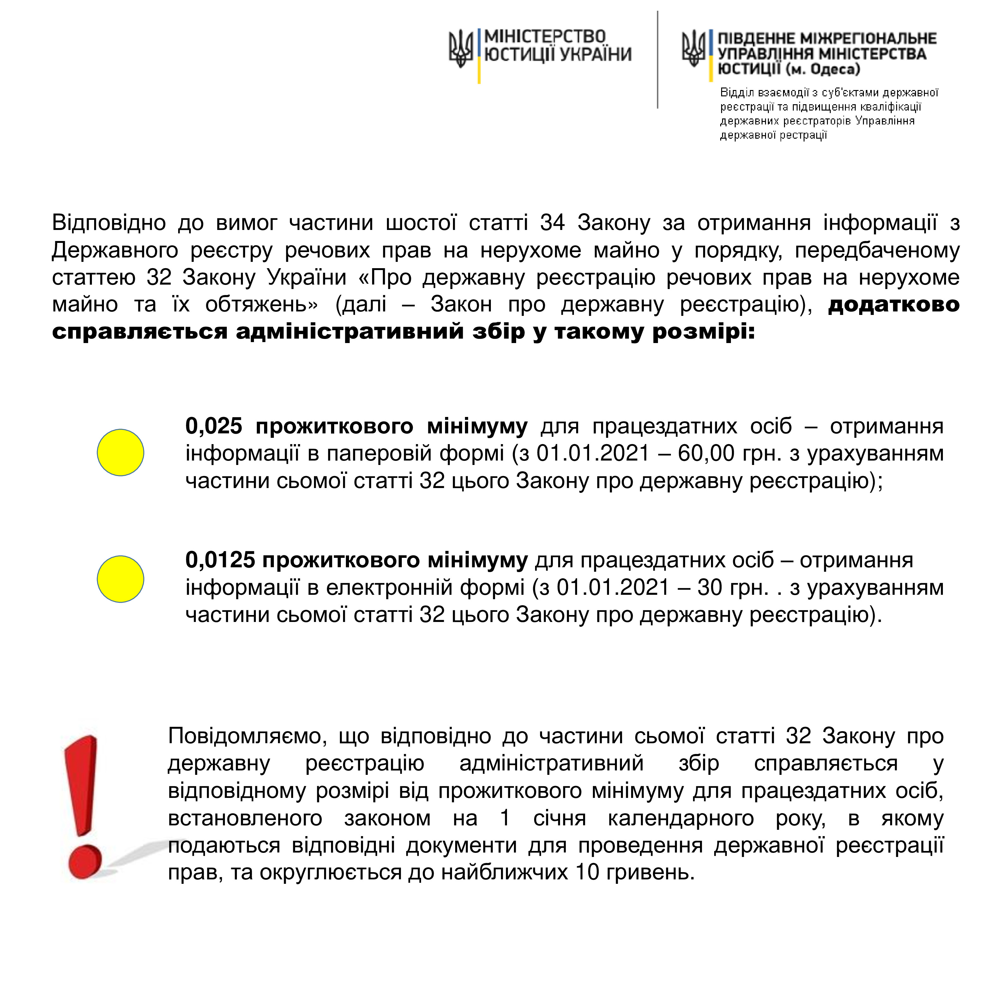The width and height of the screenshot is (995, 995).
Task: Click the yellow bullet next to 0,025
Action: pyautogui.click(x=121, y=452)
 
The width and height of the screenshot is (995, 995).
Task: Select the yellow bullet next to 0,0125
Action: pyautogui.click(x=121, y=579)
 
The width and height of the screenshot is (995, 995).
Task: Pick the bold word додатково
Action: pyautogui.click(x=894, y=305)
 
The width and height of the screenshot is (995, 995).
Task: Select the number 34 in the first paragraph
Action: pyautogui.click(x=552, y=223)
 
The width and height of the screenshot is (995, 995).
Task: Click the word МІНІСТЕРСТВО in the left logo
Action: pyautogui.click(x=545, y=37)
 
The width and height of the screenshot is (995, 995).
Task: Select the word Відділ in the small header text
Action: pyautogui.click(x=737, y=93)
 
